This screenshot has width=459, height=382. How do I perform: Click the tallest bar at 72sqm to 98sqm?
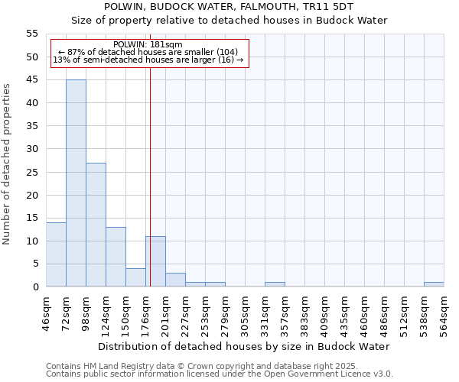pyautogui.click(x=76, y=183)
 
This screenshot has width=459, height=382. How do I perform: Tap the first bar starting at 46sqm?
pyautogui.click(x=56, y=254)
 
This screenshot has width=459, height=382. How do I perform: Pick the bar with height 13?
pyautogui.click(x=116, y=257)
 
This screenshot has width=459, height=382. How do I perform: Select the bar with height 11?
pyautogui.click(x=156, y=261)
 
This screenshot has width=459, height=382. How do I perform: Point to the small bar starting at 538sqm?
pyautogui.click(x=434, y=284)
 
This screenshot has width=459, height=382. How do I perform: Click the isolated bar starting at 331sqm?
pyautogui.click(x=275, y=284)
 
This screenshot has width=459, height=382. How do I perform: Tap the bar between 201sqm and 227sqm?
pyautogui.click(x=175, y=280)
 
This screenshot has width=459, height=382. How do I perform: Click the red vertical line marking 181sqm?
pyautogui.click(x=150, y=191)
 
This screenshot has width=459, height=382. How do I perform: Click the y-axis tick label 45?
pyautogui.click(x=32, y=79)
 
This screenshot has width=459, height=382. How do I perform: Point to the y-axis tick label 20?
pyautogui.click(x=32, y=195)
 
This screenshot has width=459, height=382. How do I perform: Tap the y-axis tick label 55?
pyautogui.click(x=32, y=34)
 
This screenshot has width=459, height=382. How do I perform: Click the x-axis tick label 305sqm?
pyautogui.click(x=245, y=314)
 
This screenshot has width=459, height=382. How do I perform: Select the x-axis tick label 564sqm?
pyautogui.click(x=444, y=314)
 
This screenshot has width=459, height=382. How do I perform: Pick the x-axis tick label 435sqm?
pyautogui.click(x=344, y=314)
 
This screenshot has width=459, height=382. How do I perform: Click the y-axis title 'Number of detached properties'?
pyautogui.click(x=8, y=164)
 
